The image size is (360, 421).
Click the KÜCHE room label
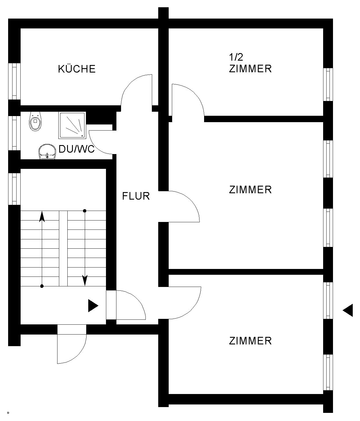point(77,69)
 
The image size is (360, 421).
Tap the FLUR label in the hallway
point(136,196)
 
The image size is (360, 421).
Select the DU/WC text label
point(77,149)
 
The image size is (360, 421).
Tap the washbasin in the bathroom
point(47,152)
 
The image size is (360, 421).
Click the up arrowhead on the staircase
point(42,216)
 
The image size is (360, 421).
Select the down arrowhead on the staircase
point(85,280)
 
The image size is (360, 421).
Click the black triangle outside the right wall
point(348,310)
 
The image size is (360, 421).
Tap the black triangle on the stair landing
point(93,306)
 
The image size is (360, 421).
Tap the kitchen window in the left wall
point(14,81)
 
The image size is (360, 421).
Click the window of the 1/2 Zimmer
point(328,84)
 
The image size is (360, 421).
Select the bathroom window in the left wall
point(14,133)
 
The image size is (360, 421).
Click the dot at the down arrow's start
point(85,211)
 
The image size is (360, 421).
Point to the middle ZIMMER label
point(250,190)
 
